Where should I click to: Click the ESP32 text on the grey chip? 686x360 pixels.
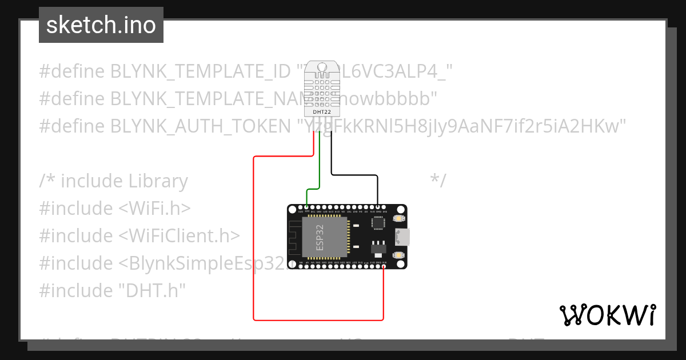tap(320, 238)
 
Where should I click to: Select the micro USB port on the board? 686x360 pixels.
tap(402, 237)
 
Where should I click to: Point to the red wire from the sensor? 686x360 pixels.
tap(254, 240)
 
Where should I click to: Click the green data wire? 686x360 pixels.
tap(319, 171)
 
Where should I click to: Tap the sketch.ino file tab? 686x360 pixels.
tap(101, 25)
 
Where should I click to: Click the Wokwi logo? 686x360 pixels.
tap(607, 315)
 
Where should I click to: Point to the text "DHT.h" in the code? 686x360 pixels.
tap(152, 290)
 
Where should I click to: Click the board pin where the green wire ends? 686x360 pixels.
tap(307, 207)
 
